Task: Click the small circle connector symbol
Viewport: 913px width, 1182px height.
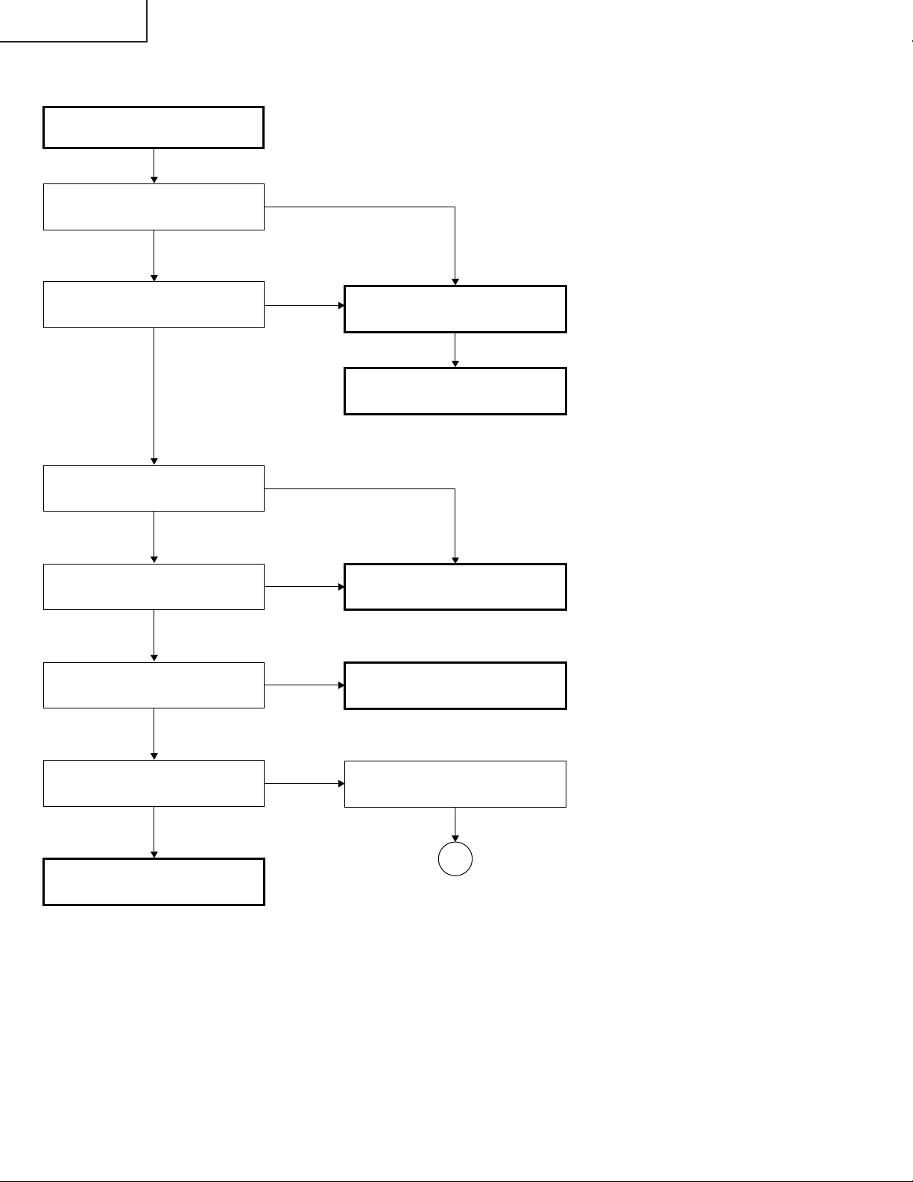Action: pyautogui.click(x=455, y=859)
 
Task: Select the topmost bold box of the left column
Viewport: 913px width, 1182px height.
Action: pyautogui.click(x=154, y=128)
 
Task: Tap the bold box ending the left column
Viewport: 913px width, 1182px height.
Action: pyautogui.click(x=154, y=881)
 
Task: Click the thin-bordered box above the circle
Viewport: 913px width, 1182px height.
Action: pyautogui.click(x=455, y=784)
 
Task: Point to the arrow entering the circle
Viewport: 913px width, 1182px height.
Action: pyautogui.click(x=455, y=825)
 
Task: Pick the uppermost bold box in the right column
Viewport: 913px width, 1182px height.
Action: pyautogui.click(x=455, y=309)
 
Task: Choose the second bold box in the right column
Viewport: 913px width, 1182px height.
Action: pyautogui.click(x=455, y=391)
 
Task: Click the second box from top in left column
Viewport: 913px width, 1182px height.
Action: pyautogui.click(x=154, y=207)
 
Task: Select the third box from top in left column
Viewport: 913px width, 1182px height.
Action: pyautogui.click(x=154, y=304)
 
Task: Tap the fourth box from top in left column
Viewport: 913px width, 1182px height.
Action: pyautogui.click(x=154, y=488)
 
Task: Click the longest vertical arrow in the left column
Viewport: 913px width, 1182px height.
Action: pyautogui.click(x=154, y=395)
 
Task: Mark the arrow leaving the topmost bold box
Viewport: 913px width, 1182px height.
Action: pyautogui.click(x=154, y=166)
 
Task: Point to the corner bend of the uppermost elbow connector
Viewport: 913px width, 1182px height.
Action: pyautogui.click(x=455, y=207)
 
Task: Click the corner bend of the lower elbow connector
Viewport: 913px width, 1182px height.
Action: pyautogui.click(x=455, y=489)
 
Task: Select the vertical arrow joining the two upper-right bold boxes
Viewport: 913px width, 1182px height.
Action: pyautogui.click(x=455, y=350)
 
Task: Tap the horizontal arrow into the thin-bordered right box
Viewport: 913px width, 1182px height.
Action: pyautogui.click(x=304, y=784)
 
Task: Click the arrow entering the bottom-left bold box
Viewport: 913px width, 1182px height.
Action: pyautogui.click(x=154, y=832)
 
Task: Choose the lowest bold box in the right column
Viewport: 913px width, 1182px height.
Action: pyautogui.click(x=455, y=685)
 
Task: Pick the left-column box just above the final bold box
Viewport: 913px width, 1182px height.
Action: pyautogui.click(x=154, y=783)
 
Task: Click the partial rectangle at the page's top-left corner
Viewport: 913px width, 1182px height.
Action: pyautogui.click(x=73, y=20)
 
